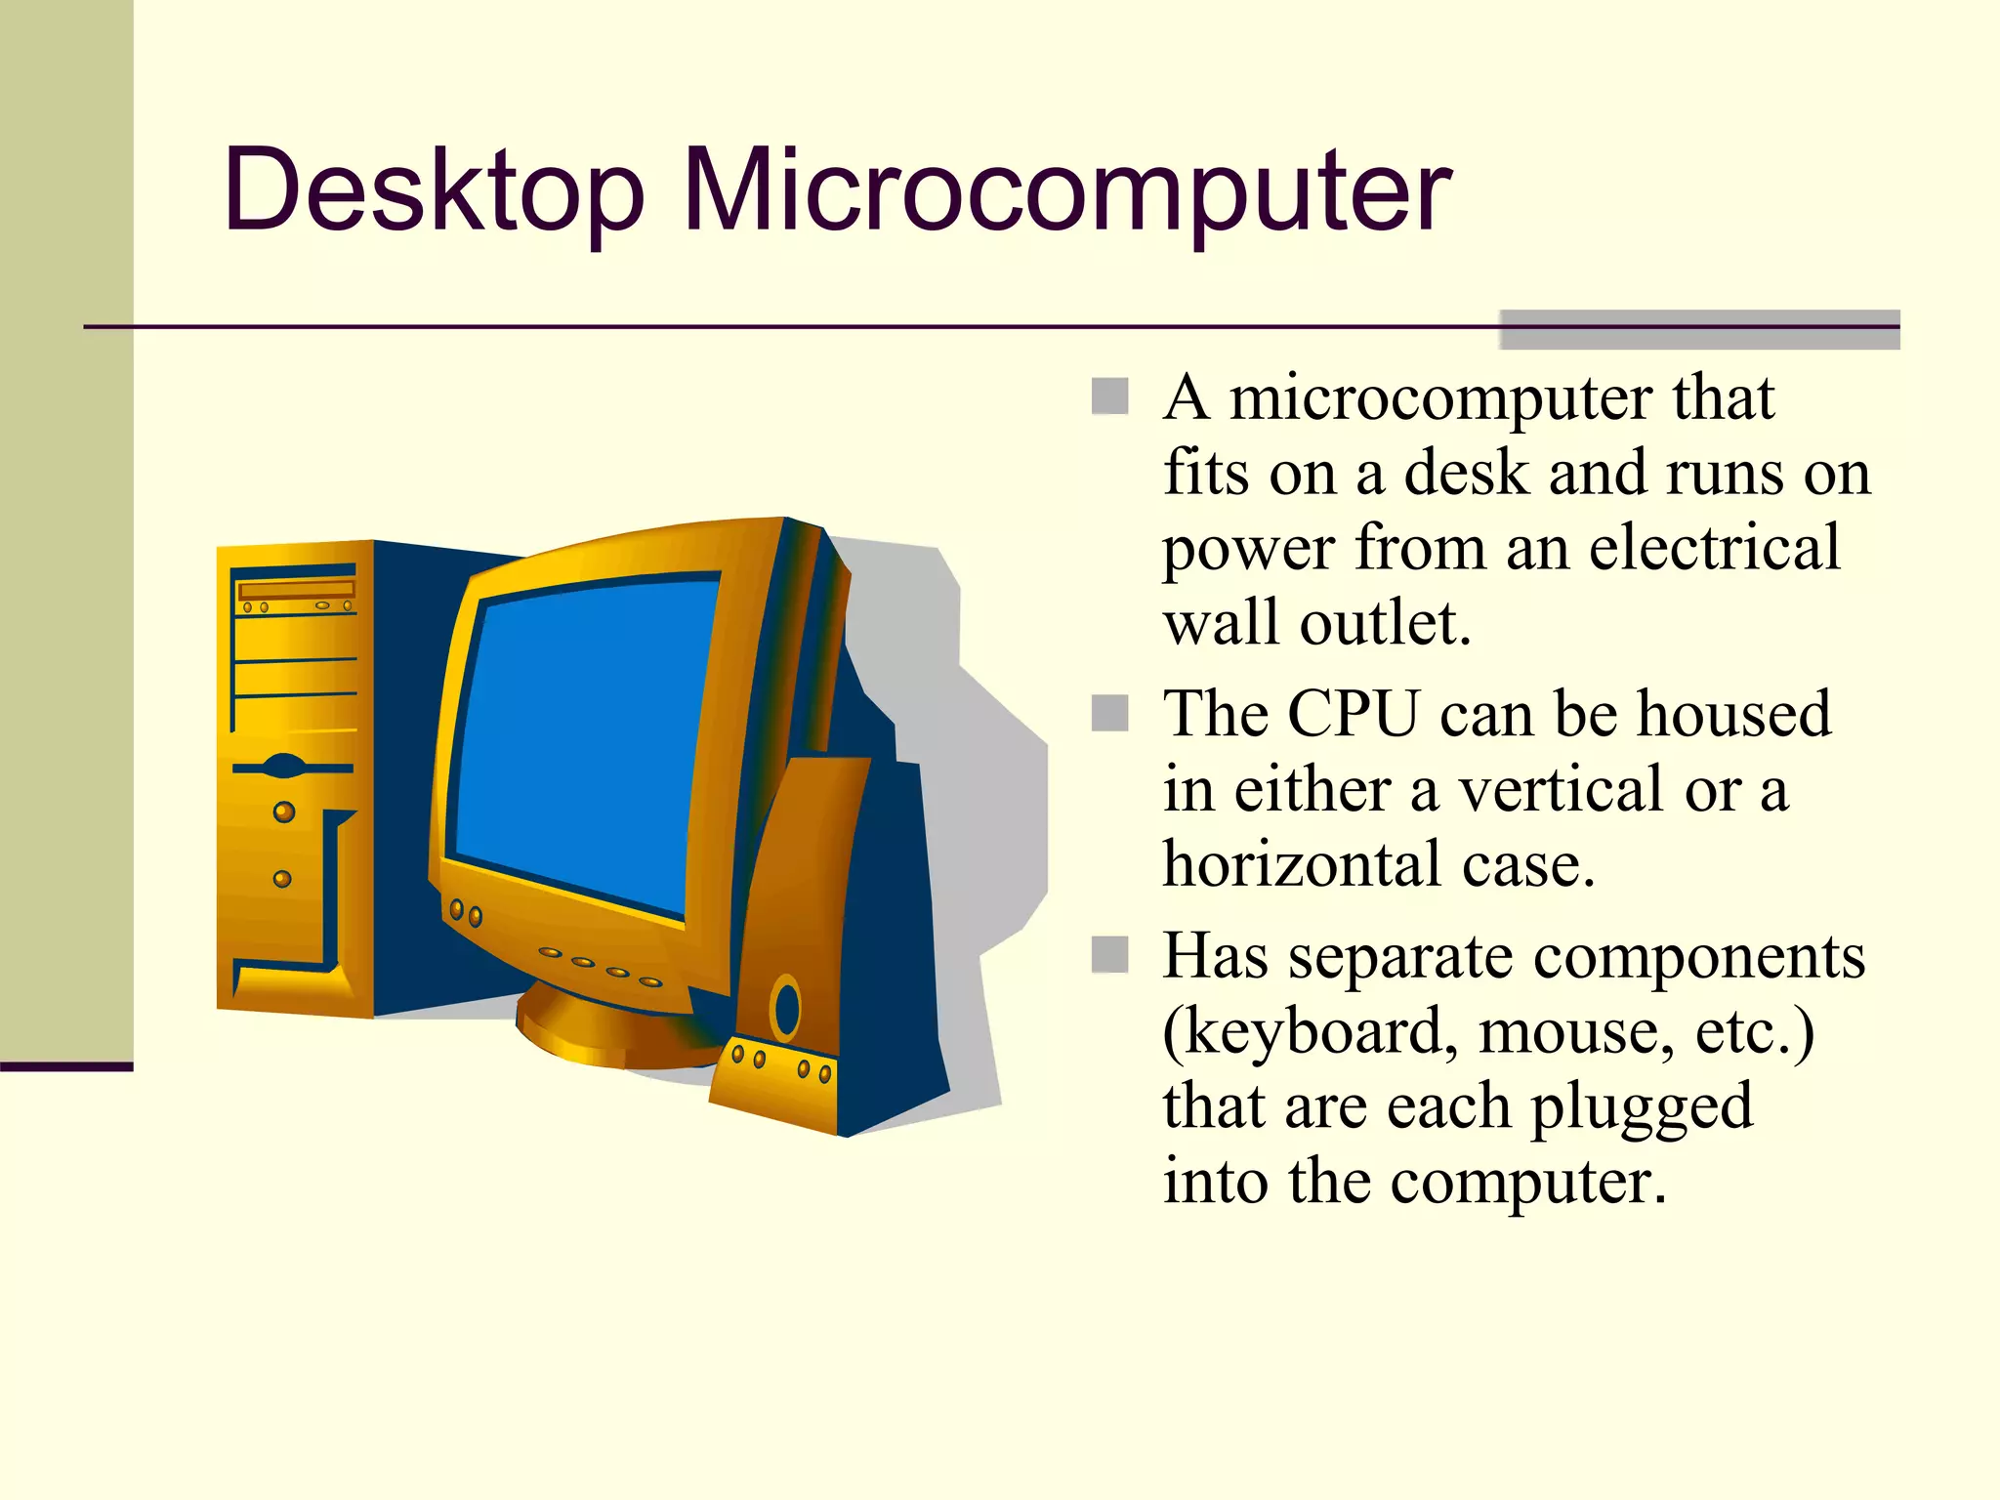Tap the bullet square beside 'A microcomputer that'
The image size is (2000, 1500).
tap(1109, 396)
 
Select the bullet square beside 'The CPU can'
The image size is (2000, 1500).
tap(1109, 713)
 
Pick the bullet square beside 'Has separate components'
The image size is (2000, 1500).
tap(1109, 954)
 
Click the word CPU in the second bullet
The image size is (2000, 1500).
tap(1353, 713)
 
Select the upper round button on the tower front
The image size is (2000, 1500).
tap(284, 812)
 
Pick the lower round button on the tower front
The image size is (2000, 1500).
tap(282, 879)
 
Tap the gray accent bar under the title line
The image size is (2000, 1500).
tap(1699, 330)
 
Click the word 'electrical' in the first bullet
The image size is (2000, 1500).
tap(1714, 548)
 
